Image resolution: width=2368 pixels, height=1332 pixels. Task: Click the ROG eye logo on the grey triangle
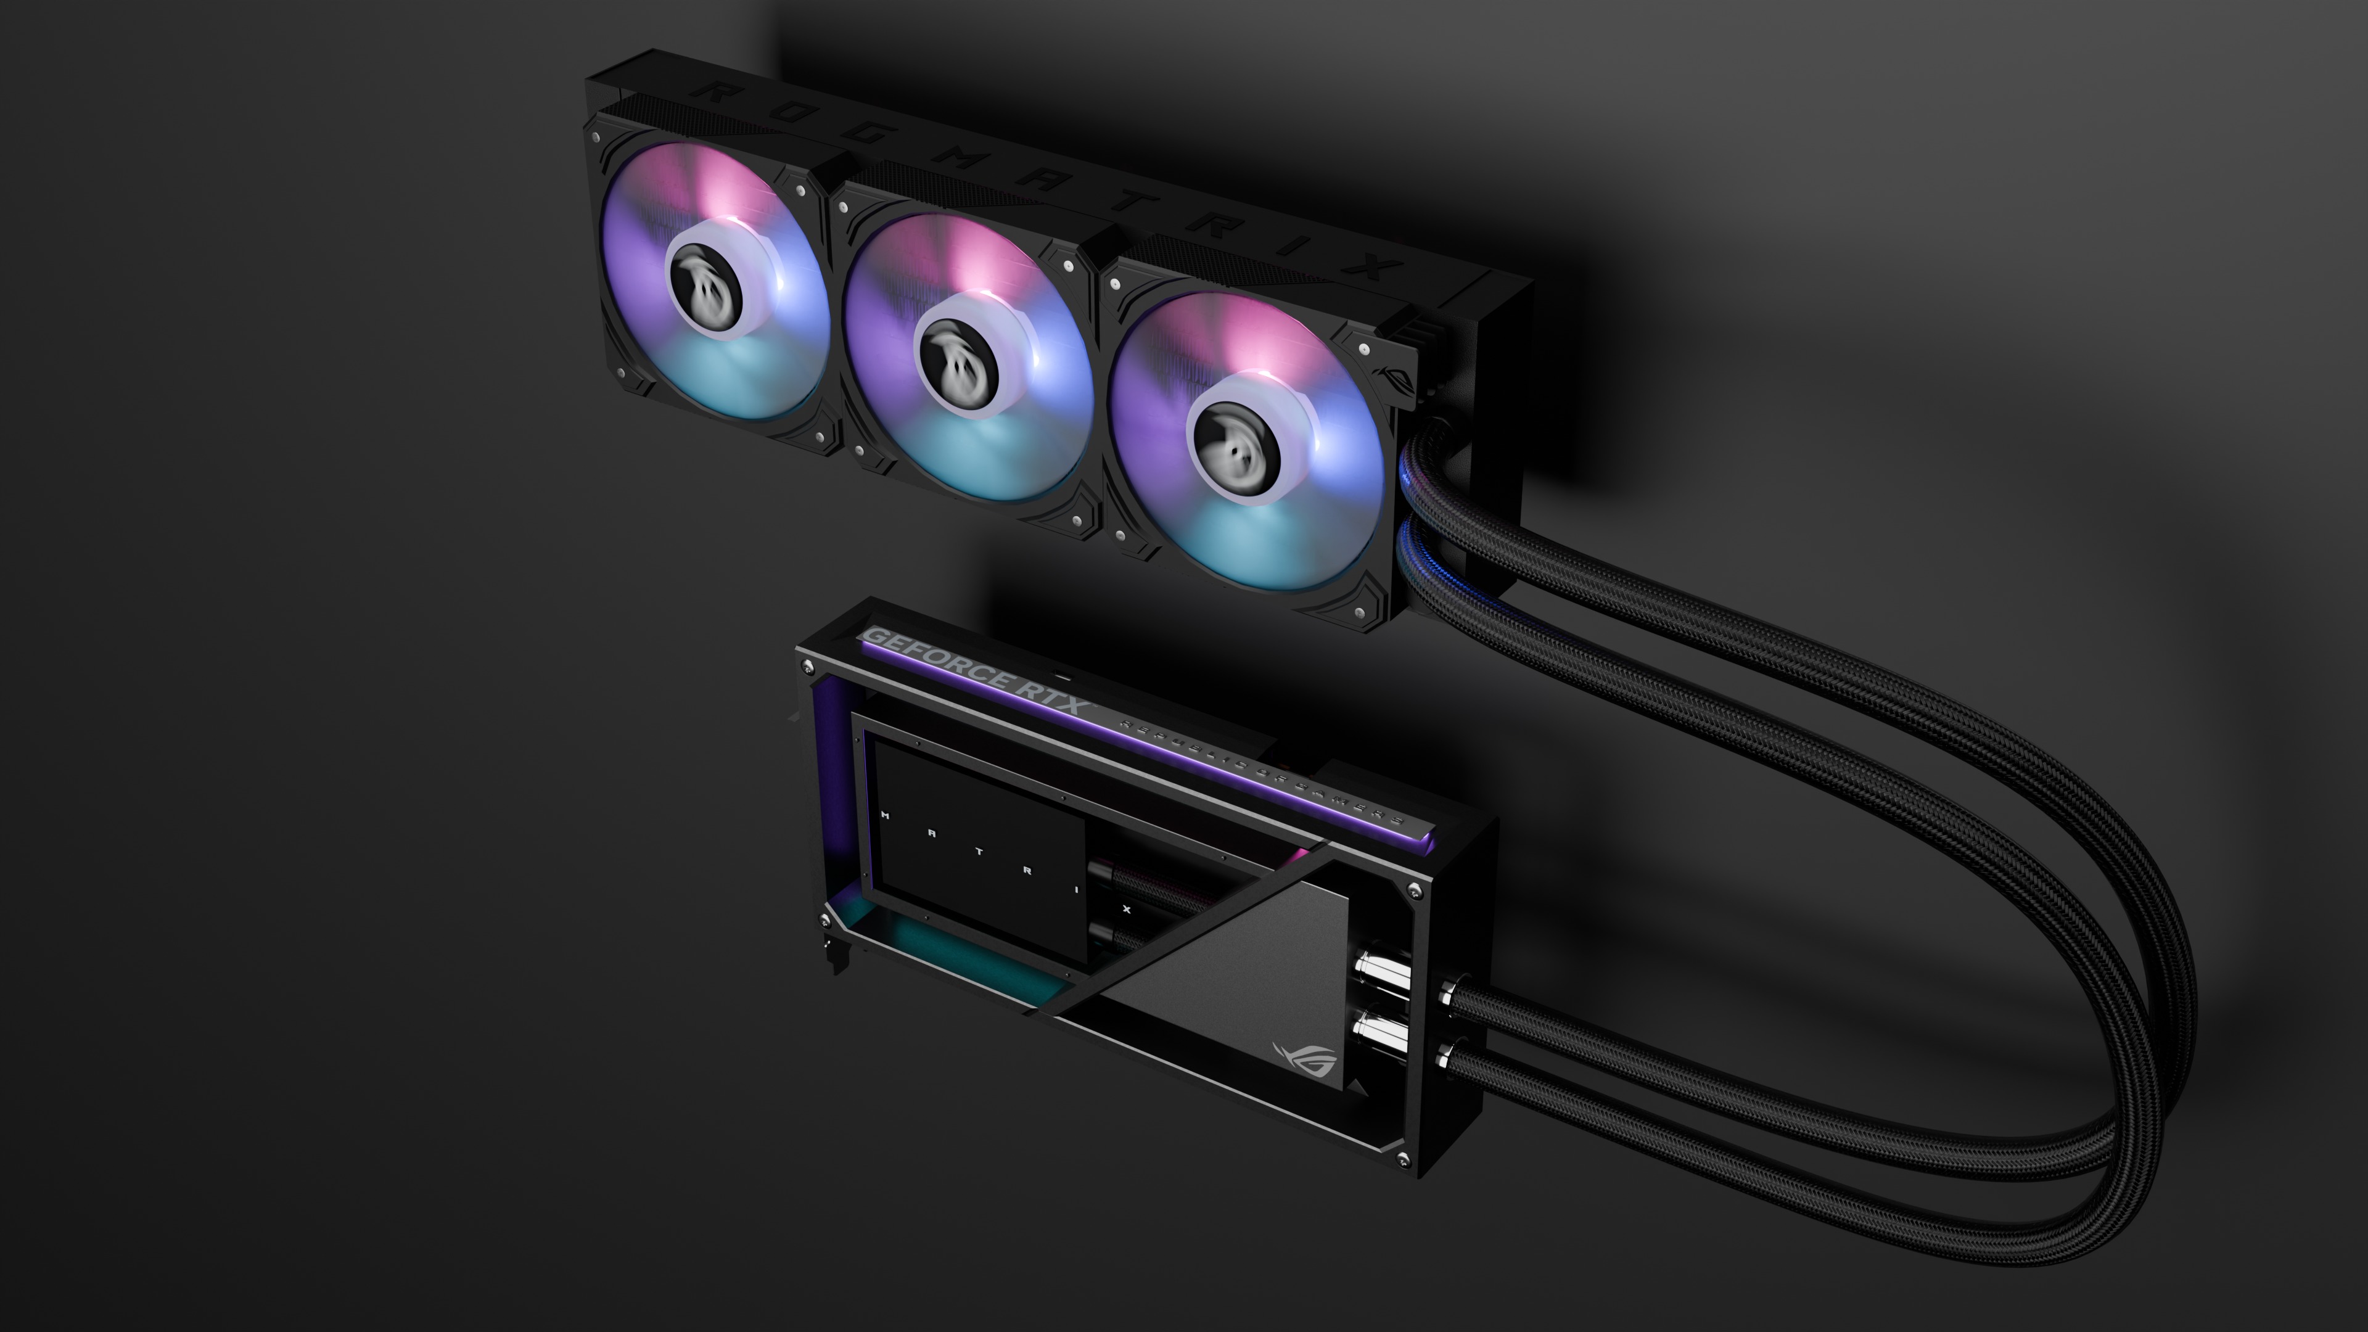pyautogui.click(x=1304, y=1057)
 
